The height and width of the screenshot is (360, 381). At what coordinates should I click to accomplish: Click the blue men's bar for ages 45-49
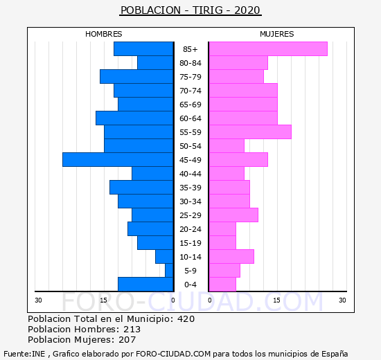point(118,160)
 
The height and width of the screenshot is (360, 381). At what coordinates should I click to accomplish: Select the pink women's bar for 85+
point(268,49)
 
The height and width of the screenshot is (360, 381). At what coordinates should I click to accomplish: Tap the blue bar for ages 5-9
point(169,271)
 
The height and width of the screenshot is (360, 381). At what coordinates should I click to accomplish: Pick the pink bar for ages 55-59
point(250,132)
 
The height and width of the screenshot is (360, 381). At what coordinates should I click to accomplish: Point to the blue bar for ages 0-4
point(145,285)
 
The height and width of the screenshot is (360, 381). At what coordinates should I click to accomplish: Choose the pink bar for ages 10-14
point(231,257)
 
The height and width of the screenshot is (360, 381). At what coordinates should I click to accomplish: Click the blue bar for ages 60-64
point(134,118)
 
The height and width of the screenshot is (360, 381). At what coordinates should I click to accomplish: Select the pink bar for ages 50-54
point(227,146)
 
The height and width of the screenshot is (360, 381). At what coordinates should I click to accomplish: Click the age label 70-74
point(190,91)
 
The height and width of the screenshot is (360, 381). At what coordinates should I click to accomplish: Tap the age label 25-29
point(190,215)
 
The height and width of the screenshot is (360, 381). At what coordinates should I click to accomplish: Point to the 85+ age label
point(190,49)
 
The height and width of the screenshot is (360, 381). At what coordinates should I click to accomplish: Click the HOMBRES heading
point(103,34)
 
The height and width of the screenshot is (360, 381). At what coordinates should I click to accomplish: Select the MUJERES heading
point(277,34)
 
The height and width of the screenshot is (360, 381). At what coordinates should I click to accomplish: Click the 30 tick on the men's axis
point(38,300)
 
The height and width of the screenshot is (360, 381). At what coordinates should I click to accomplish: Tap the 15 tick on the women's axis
point(276,300)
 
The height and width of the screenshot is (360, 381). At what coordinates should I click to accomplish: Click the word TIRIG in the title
point(208,10)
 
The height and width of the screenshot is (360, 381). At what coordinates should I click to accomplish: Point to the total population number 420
point(186,319)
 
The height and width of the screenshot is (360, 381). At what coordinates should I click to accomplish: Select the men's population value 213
point(132,330)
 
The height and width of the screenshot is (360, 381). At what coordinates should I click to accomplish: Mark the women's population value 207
point(127,340)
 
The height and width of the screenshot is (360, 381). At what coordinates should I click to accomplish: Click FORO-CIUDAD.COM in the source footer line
point(173,354)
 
